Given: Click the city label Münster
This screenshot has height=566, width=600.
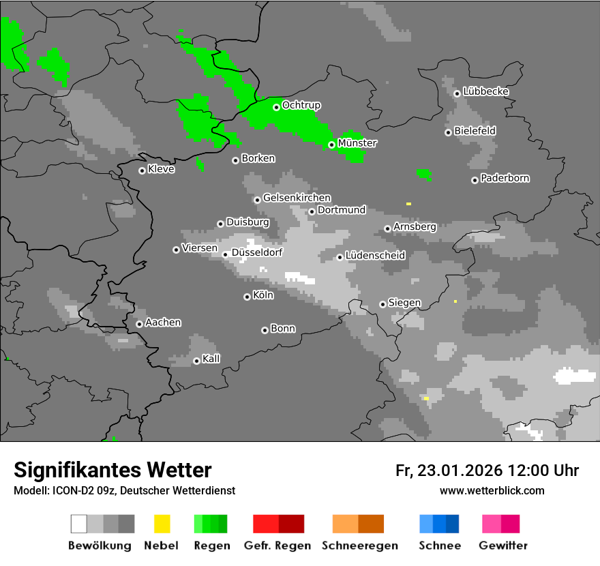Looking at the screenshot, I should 357,143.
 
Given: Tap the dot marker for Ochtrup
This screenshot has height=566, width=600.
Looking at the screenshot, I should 276,107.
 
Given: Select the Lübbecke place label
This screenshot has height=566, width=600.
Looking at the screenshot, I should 485,91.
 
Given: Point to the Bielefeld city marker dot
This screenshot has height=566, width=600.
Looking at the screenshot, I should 448,132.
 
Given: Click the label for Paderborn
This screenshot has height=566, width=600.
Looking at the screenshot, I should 505,178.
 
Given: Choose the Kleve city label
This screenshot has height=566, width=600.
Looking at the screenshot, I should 161,169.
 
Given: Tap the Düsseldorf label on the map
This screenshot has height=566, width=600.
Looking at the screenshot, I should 256,252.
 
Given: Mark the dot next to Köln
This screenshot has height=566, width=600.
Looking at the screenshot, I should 247,297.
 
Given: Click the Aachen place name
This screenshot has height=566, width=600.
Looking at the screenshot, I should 163,322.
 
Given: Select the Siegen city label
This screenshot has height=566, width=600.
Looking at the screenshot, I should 404,302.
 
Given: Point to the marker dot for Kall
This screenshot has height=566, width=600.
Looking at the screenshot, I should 196,361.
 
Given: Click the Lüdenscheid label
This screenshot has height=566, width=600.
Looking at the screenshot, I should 375,255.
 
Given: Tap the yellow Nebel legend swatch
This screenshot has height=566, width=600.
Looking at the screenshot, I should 162,524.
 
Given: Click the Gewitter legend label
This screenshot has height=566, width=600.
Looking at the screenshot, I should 503,546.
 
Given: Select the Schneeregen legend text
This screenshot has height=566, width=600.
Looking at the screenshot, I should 359,546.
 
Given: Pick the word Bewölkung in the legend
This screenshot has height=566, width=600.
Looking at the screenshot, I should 100,546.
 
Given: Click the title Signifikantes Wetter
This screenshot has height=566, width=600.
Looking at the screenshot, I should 112,470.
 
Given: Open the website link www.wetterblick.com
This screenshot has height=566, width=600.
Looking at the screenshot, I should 492,490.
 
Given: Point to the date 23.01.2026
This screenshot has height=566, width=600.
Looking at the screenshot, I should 459,471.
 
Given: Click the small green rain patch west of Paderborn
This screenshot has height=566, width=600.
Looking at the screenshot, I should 424,174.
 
